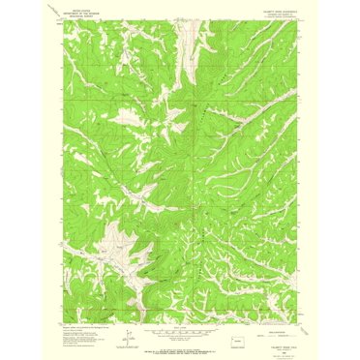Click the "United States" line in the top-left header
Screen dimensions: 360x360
82,13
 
